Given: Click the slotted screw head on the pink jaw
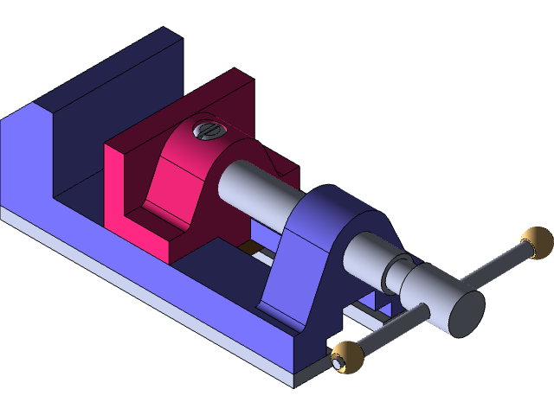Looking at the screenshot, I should (208, 131).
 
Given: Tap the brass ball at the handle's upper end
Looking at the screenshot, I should (536, 242).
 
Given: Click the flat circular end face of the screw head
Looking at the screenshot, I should (465, 313).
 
